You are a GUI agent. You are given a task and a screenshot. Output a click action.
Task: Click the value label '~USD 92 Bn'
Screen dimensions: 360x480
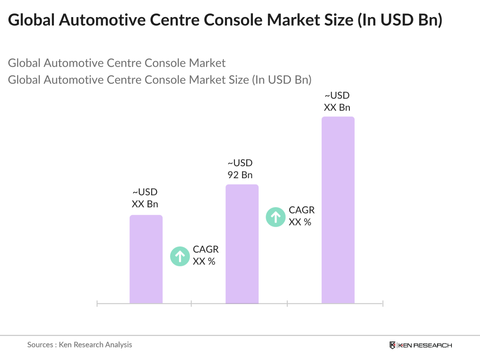[x=240, y=169]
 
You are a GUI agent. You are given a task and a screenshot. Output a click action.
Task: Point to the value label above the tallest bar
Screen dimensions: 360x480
[x=337, y=101]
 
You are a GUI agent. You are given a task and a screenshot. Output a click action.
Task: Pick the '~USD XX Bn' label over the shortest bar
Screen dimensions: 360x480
[x=145, y=198]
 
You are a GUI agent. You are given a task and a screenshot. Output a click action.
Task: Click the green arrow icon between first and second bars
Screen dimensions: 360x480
[x=180, y=256]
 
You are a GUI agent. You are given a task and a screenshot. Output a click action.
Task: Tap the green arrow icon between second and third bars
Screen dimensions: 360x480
[x=276, y=217]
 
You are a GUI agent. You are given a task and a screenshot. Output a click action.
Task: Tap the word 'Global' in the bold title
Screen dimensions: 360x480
[x=31, y=20]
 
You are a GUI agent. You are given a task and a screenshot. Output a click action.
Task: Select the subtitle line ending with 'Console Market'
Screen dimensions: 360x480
[x=117, y=63]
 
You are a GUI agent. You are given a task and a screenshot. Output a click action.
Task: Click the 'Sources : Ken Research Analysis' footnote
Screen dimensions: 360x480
[x=79, y=345]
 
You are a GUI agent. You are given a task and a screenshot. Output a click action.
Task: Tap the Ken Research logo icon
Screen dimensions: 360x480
[x=392, y=345]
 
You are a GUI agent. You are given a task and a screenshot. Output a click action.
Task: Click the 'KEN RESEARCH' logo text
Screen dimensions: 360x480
[x=425, y=345]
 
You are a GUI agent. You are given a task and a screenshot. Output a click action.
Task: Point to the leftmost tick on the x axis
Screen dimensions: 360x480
[x=97, y=304]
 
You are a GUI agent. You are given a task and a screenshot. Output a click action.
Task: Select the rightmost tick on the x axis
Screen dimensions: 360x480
[x=383, y=304]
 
